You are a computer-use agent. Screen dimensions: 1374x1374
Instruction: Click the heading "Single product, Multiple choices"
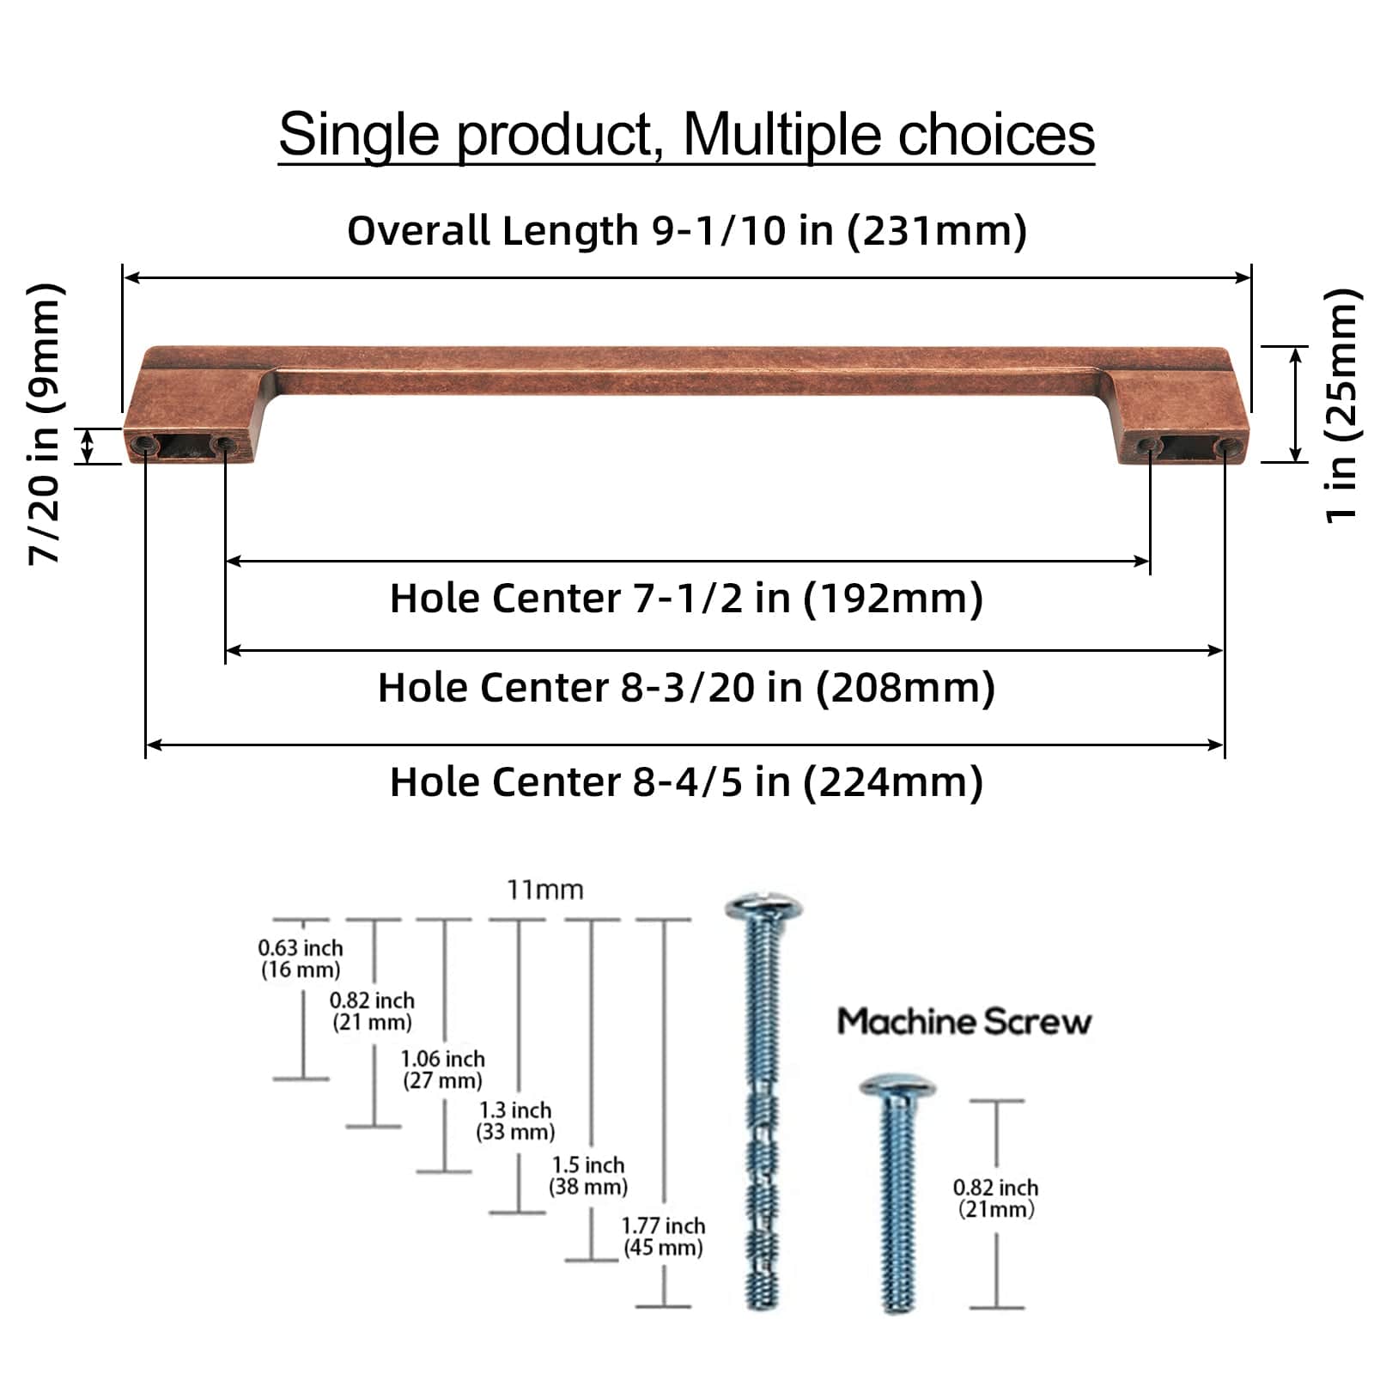[686, 135]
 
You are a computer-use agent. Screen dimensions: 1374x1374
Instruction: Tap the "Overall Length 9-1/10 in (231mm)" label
[686, 230]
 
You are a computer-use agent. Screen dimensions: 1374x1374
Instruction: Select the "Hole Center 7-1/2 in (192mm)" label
[686, 598]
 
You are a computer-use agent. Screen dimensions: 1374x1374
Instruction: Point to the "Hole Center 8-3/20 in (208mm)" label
[686, 687]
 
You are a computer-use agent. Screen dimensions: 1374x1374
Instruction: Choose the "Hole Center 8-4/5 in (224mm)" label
[686, 781]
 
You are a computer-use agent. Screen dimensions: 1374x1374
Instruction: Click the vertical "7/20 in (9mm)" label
[45, 423]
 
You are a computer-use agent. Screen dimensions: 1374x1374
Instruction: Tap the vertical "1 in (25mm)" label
[1341, 404]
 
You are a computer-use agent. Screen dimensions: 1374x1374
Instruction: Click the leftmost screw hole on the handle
[144, 444]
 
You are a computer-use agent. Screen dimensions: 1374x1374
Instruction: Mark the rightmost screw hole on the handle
[1223, 445]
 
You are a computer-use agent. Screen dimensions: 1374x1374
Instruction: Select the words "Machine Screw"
[964, 1021]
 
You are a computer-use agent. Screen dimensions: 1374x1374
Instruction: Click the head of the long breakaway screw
[763, 907]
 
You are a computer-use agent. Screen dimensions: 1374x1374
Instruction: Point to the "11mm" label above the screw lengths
[544, 890]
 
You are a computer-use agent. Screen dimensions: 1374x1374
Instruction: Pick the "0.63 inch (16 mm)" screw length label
[301, 958]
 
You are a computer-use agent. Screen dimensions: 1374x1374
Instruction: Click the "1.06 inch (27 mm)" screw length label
[442, 1069]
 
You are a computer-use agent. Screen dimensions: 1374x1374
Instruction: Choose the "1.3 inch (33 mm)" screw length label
[515, 1121]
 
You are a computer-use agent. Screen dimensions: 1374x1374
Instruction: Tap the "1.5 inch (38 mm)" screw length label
[588, 1176]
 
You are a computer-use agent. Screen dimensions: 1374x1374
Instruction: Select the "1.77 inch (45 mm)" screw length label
[663, 1237]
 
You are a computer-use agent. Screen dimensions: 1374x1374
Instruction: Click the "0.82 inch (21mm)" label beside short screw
[995, 1198]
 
